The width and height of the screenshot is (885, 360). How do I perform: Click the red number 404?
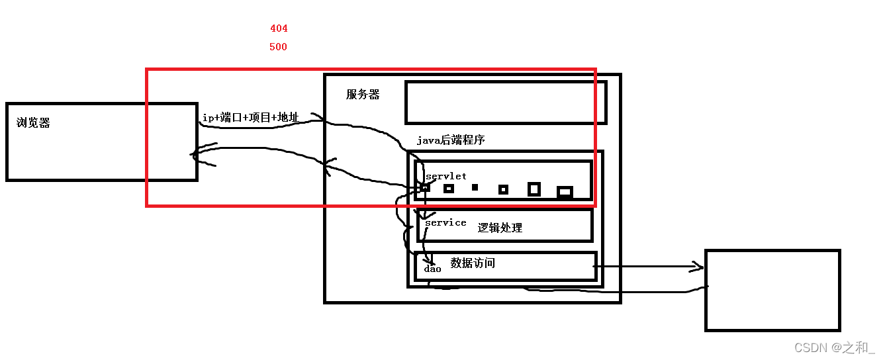coord(279,28)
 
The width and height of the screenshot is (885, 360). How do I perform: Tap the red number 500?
coord(278,47)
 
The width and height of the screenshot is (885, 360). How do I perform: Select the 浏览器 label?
coord(33,122)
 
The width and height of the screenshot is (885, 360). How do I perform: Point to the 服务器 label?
coord(363,95)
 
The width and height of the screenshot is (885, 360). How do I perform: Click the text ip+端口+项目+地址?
coord(250,118)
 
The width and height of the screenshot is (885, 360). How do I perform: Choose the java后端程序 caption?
coord(450,140)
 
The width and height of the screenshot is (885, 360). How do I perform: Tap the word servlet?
coord(445,176)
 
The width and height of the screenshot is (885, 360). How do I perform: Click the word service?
coord(445,222)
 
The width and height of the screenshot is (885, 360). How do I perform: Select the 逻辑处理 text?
coord(500,228)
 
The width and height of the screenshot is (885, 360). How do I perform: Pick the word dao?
coord(432,269)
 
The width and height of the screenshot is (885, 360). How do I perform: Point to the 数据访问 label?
coord(473,263)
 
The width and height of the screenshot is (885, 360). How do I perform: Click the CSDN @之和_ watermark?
coord(834,347)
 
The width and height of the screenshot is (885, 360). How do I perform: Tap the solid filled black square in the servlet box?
coord(475,187)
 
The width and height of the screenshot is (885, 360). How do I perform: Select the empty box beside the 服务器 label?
coord(506,102)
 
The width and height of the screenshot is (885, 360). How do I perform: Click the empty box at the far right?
coord(772,290)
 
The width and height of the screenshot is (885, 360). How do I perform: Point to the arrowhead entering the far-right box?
coord(697,267)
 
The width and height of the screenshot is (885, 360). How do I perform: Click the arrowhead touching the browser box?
coord(197,155)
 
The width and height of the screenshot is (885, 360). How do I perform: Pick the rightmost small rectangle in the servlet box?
coord(565,192)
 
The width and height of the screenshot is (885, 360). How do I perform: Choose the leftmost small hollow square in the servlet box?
coord(425,188)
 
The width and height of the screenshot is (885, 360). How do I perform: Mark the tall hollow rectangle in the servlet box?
coord(534,189)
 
